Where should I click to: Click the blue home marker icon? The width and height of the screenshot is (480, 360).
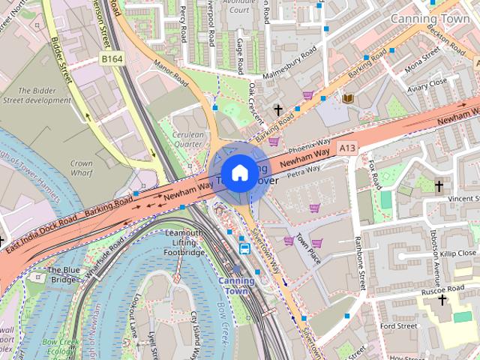click(x=238, y=173)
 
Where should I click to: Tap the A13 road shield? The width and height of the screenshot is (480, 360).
click(x=346, y=148)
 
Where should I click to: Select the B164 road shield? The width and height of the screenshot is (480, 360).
click(x=112, y=58)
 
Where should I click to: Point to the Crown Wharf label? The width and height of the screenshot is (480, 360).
click(x=81, y=168)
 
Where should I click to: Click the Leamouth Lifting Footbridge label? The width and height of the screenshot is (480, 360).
click(x=184, y=244)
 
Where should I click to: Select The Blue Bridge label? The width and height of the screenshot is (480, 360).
click(x=62, y=274)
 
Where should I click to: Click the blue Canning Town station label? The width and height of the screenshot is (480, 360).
click(x=236, y=286)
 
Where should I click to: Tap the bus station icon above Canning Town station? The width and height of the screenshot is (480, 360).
click(x=244, y=247)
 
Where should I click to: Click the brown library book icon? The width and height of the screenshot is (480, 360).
click(x=347, y=98)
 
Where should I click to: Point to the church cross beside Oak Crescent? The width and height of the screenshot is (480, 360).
click(x=278, y=110)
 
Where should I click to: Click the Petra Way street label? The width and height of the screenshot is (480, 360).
click(x=304, y=172)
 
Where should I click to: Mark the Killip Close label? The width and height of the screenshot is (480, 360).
click(x=458, y=254)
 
